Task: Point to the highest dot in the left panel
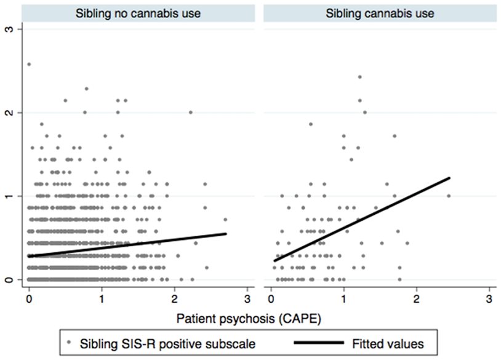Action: coord(29,64)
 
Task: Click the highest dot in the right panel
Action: coord(359,77)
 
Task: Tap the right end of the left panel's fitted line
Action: coord(226,233)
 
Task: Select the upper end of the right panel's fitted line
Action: coord(450,178)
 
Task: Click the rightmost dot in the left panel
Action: coord(225,219)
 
